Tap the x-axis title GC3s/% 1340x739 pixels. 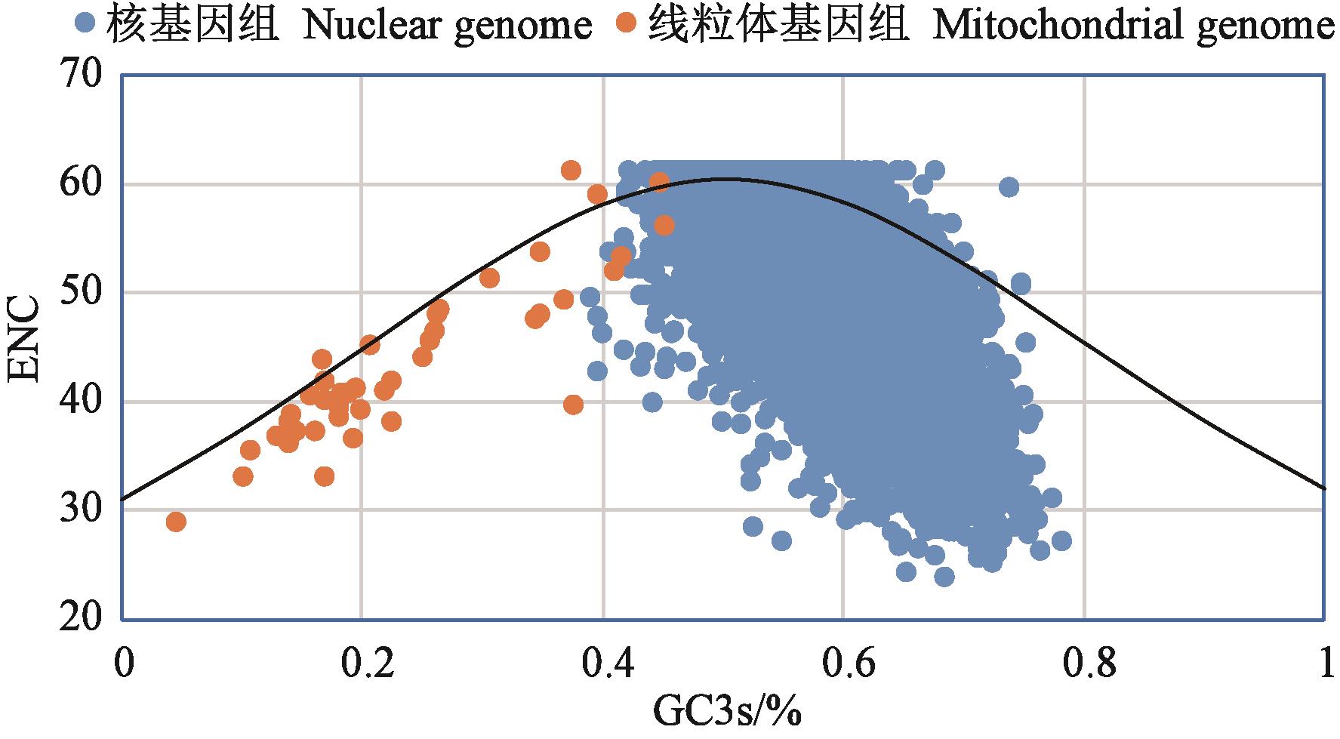pyautogui.click(x=725, y=713)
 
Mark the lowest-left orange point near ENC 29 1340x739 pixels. pyautogui.click(x=176, y=522)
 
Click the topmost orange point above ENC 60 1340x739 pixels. pyautogui.click(x=571, y=171)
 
